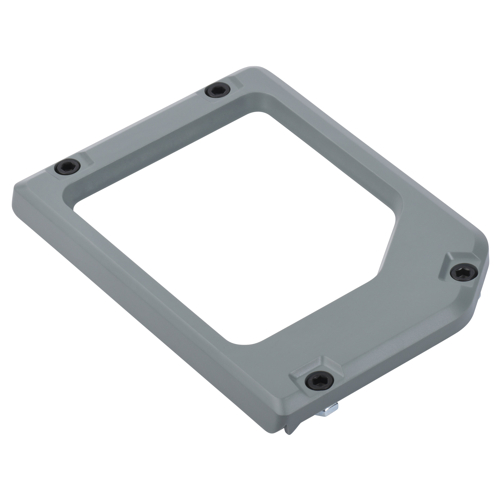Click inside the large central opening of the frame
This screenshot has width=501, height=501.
[x=228, y=220]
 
